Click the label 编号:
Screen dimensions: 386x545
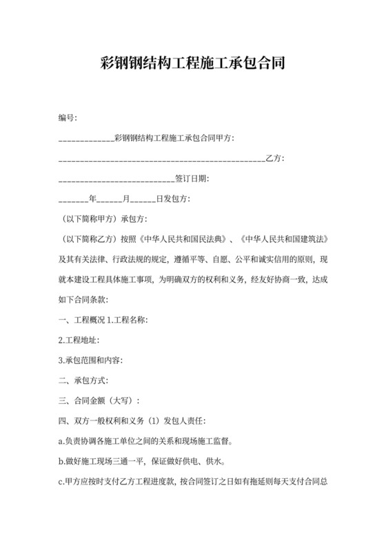pos(68,119)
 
